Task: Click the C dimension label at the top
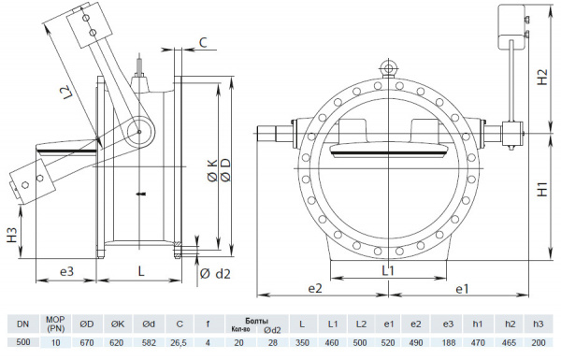click(x=203, y=42)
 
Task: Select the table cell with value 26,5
click(x=178, y=343)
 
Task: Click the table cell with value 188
click(x=447, y=343)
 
